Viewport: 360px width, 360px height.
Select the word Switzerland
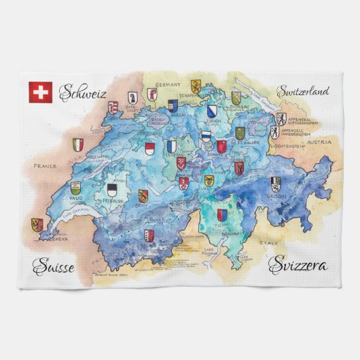(302, 90)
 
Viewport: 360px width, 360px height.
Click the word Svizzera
(298, 266)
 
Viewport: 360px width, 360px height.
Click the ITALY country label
(270, 241)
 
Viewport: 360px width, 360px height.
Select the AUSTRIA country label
(319, 142)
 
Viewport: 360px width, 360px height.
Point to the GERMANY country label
(167, 85)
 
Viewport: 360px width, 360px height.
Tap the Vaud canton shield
(75, 187)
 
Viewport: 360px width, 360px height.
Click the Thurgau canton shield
(236, 98)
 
